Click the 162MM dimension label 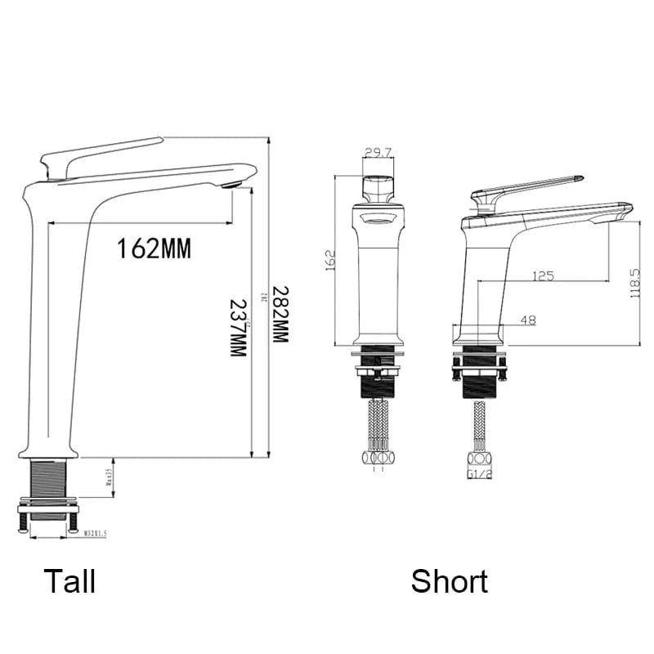coord(154,248)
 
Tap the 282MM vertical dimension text coord(280,314)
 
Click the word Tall coord(69,581)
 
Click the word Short coord(449,581)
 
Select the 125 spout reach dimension coord(543,276)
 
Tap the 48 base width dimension coord(527,320)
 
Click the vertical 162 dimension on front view coord(330,260)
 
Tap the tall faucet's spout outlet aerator coord(232,183)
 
